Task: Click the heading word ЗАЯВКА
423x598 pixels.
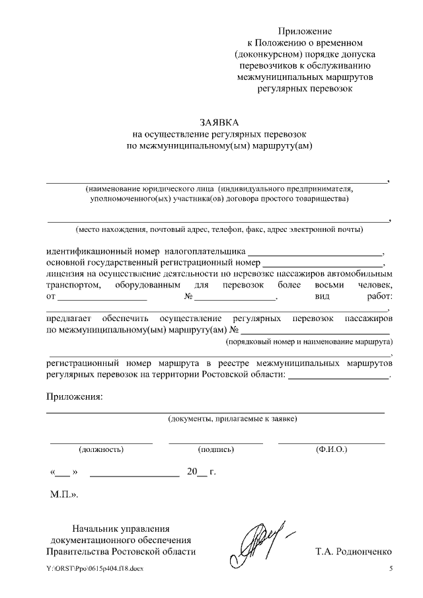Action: tap(219, 123)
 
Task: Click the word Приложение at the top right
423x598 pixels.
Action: tap(305, 31)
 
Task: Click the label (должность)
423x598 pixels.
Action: tap(101, 449)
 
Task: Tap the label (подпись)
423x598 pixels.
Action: tap(216, 449)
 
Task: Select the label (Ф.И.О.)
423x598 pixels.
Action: tap(332, 449)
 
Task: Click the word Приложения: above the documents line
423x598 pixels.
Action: tap(74, 396)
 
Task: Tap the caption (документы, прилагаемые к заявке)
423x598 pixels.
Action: tap(233, 418)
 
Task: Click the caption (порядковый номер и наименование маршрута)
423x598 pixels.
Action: tap(309, 342)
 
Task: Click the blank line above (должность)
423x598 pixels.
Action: tap(101, 441)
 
